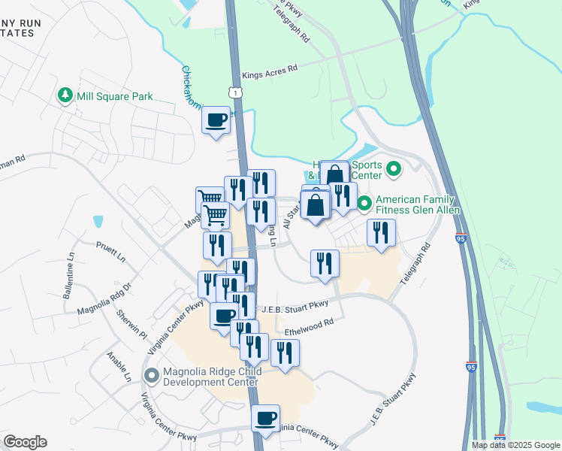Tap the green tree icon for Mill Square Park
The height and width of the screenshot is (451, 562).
point(65,96)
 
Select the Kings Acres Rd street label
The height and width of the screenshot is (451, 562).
point(270,68)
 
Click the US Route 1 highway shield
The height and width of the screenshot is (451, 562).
point(235,91)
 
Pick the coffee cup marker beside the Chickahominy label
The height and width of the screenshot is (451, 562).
point(216,120)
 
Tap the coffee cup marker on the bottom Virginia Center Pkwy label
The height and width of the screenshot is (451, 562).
point(265,419)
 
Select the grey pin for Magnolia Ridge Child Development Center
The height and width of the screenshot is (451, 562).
point(152,374)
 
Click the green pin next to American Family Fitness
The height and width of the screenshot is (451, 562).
point(364,203)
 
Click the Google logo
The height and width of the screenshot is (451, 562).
point(25,442)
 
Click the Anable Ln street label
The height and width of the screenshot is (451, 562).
point(119,366)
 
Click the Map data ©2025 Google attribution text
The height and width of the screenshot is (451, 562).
point(515,445)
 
